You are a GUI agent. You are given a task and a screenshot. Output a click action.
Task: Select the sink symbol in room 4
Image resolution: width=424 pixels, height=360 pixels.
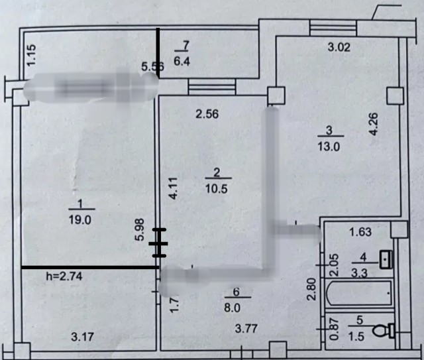tap(386, 259)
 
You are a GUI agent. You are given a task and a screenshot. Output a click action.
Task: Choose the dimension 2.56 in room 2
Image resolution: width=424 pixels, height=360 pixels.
tap(207, 113)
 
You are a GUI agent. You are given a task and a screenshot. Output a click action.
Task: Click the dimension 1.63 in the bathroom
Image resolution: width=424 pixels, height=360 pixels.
tap(360, 232)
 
